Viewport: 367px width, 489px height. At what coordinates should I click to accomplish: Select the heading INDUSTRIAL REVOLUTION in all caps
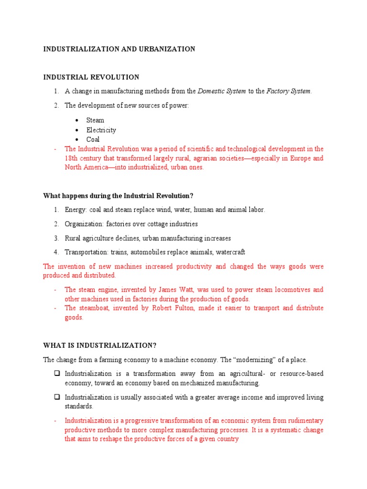tap(91, 77)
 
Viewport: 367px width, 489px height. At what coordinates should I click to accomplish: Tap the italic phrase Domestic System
tap(222, 91)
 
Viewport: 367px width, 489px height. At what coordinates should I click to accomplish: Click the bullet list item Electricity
tap(101, 130)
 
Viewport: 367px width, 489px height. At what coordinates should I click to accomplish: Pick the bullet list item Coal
tap(93, 139)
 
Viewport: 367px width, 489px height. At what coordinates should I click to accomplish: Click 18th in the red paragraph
tap(72, 158)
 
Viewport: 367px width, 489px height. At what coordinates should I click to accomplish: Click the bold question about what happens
tap(118, 196)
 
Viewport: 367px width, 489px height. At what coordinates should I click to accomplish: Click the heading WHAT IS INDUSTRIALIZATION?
tap(100, 345)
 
